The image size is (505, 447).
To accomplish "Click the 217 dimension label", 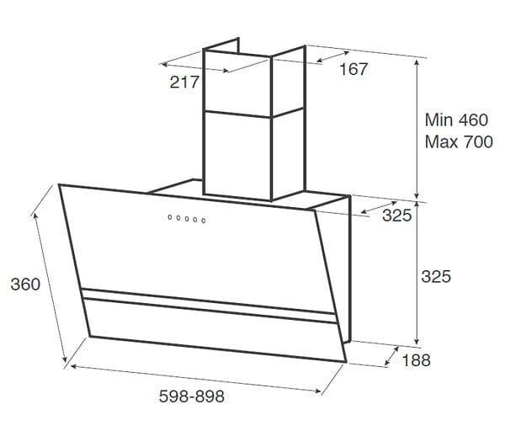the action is (x=184, y=82).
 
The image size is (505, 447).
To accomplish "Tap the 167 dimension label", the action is (x=353, y=69).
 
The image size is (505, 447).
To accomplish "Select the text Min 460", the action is (x=456, y=120).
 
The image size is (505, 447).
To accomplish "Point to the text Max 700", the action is (x=459, y=142).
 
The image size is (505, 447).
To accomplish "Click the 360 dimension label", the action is (x=25, y=285).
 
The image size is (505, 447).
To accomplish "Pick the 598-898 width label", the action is (x=192, y=396).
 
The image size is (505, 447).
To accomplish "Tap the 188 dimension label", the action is (x=416, y=360).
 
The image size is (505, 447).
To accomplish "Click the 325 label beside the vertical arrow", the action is (x=436, y=277).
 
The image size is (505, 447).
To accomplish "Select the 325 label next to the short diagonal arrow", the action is (x=396, y=216).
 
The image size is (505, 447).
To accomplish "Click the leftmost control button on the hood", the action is (x=170, y=217).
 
